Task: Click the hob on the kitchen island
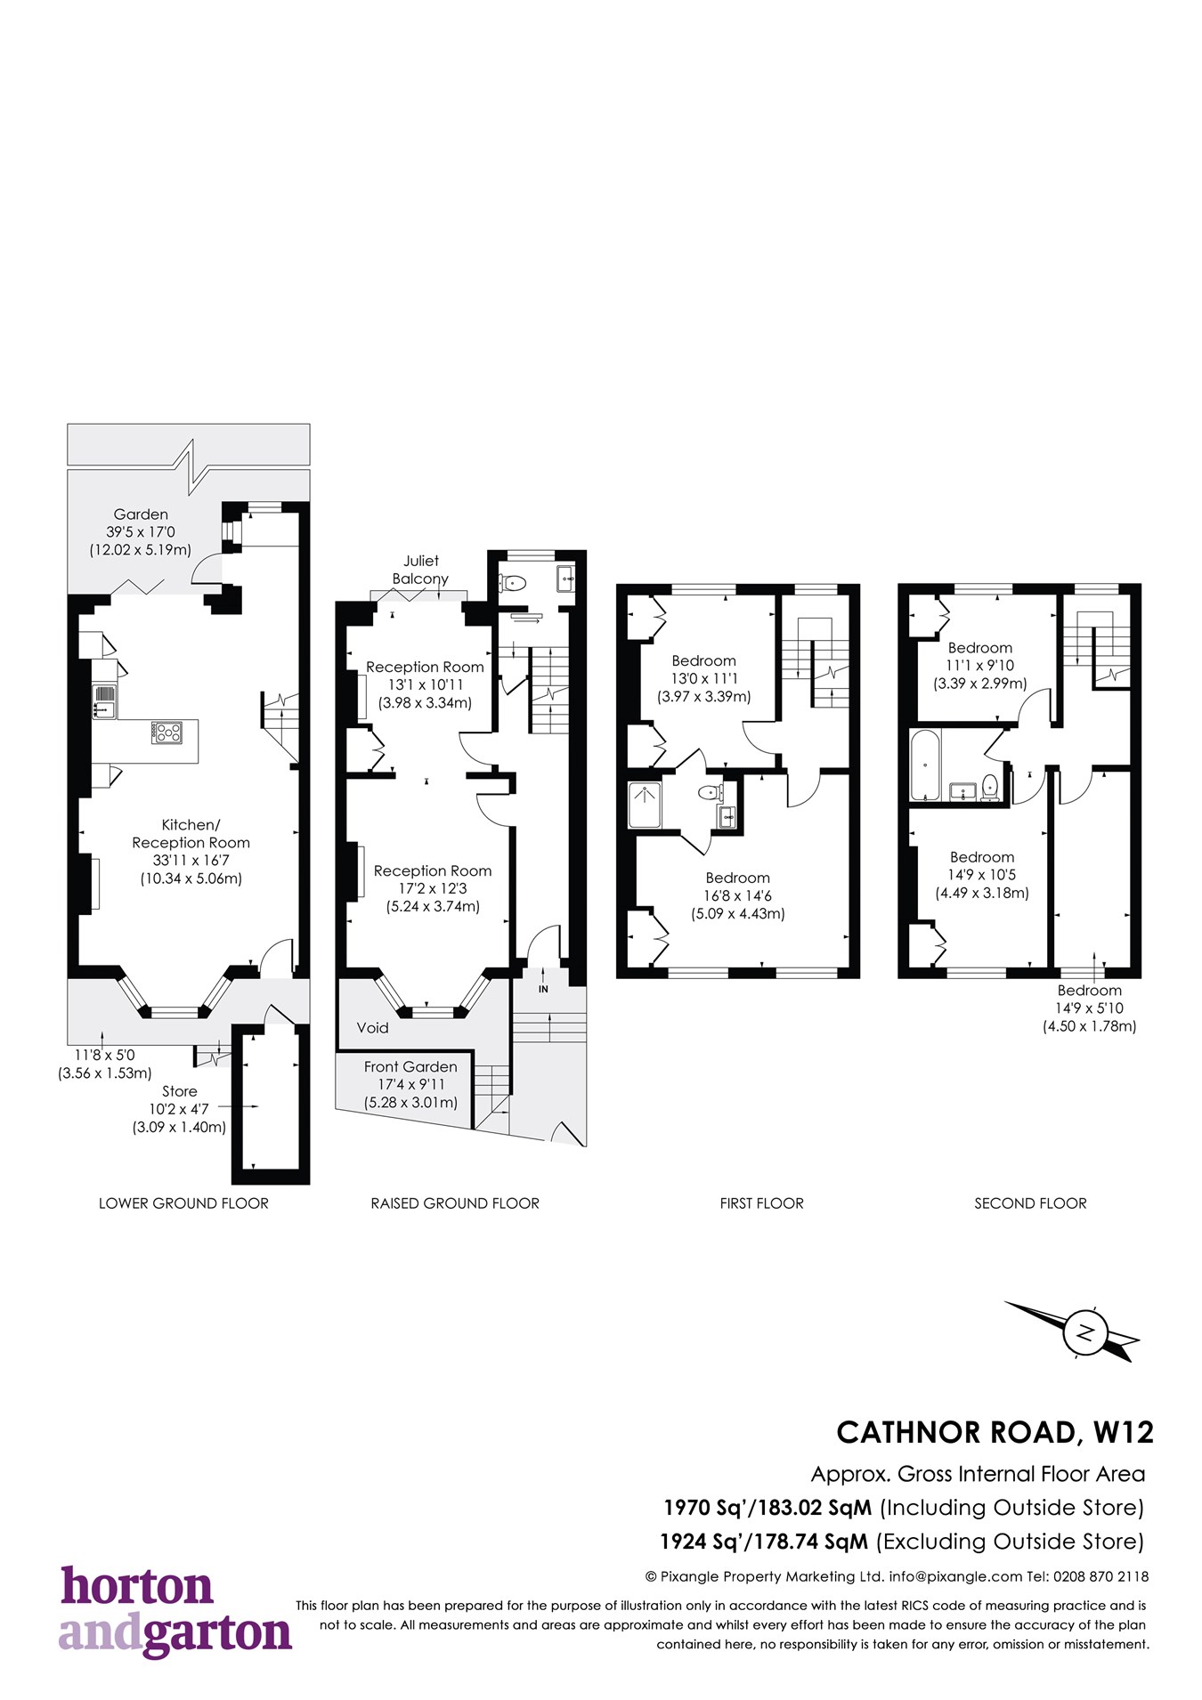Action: pos(166,733)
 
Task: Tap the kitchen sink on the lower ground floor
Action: pos(104,701)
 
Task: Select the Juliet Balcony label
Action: pos(420,570)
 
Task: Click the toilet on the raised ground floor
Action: pos(514,584)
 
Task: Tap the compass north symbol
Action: pos(1085,1332)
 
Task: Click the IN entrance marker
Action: pos(543,989)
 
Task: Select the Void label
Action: pos(372,1028)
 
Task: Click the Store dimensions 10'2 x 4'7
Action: pos(178,1109)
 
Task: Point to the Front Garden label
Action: pos(410,1066)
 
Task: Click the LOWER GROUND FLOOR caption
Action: pos(183,1203)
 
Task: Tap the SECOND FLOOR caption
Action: pos(1030,1203)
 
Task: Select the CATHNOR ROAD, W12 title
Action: pos(995,1432)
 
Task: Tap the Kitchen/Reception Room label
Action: pos(191,834)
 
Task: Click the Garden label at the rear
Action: pos(141,514)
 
